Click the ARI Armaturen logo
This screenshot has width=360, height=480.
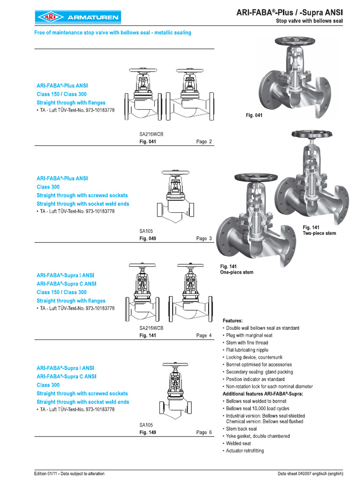click(77, 17)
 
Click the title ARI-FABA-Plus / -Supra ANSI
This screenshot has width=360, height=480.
click(289, 14)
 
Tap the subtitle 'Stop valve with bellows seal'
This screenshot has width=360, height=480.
click(309, 22)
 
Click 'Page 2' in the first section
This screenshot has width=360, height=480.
click(204, 142)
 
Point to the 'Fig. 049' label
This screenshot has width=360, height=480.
click(148, 239)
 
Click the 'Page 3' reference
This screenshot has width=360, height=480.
click(204, 239)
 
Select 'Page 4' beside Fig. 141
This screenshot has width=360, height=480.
click(204, 336)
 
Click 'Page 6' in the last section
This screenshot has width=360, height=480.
click(204, 433)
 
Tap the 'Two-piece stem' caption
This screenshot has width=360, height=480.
click(319, 233)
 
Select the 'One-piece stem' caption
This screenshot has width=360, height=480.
click(237, 272)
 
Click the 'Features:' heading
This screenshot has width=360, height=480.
click(232, 321)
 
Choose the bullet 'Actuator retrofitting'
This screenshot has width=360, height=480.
click(245, 450)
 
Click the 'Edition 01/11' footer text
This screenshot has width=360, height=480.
click(69, 473)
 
